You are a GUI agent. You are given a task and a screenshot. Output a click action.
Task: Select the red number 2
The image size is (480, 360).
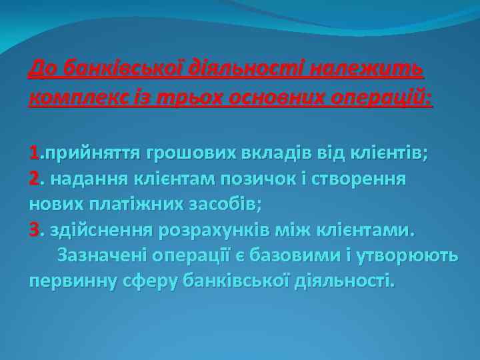coord(35,179)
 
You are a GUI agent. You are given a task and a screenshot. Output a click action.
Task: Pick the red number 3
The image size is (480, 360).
coord(35,230)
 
